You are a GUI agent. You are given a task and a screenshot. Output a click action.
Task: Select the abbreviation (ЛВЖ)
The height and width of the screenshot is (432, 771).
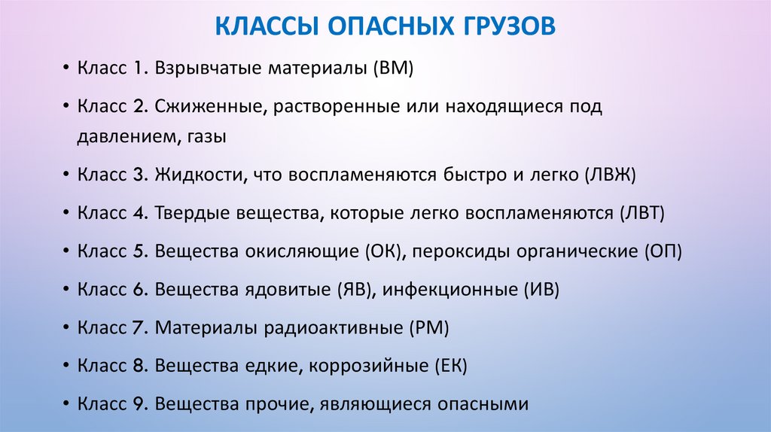tap(610, 175)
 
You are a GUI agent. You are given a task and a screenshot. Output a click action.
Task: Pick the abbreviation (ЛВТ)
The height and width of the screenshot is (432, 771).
tap(641, 214)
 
